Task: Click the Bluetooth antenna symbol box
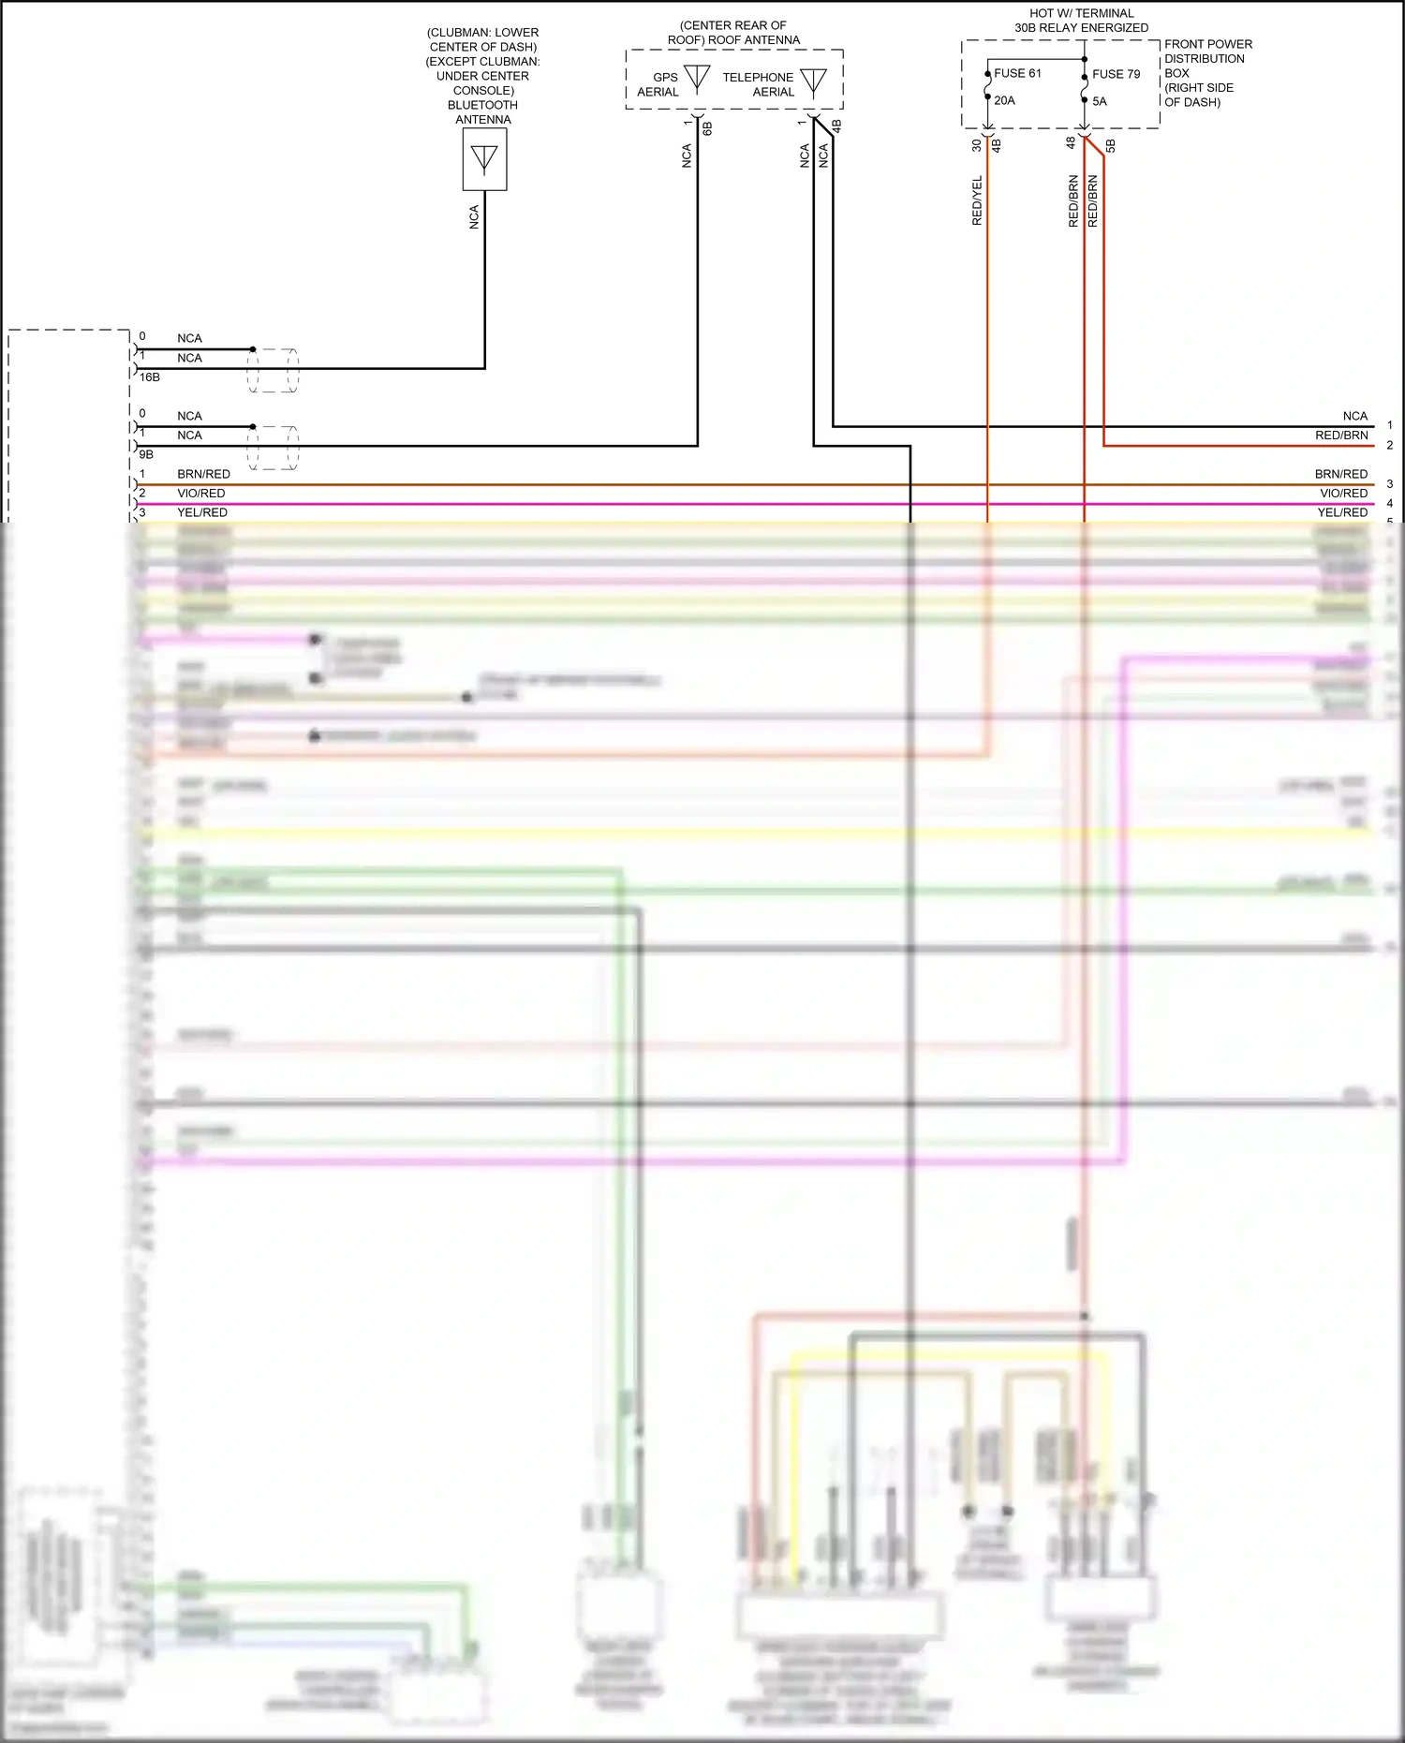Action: (x=484, y=159)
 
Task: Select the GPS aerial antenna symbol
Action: (x=697, y=78)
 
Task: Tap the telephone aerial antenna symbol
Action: (x=813, y=81)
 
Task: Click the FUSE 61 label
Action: (x=1017, y=73)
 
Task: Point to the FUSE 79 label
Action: (x=1116, y=74)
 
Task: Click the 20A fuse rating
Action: (x=1004, y=100)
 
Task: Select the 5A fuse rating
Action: (x=1100, y=101)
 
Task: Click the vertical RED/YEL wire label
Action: (x=977, y=200)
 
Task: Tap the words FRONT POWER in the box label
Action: (x=1207, y=44)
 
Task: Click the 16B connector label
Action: (x=150, y=377)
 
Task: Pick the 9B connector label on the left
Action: (x=146, y=454)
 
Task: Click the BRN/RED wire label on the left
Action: (x=203, y=474)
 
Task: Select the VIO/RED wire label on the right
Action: (x=1343, y=494)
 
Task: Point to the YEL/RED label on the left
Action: (x=202, y=512)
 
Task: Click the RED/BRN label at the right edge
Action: (x=1341, y=436)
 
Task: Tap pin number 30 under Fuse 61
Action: (x=977, y=145)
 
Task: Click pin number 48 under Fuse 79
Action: (x=1071, y=142)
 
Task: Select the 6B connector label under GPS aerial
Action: (x=707, y=127)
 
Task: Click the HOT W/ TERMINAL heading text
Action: (x=1081, y=13)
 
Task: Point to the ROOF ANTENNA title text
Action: (x=733, y=40)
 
